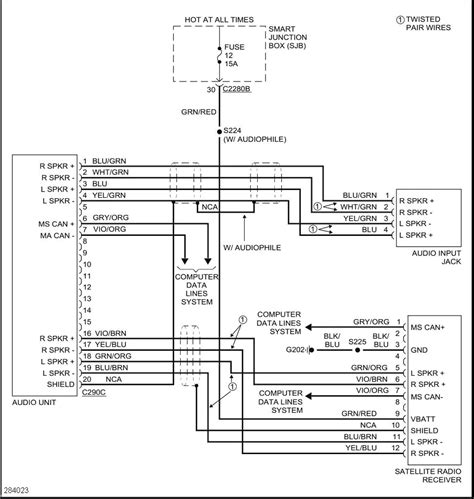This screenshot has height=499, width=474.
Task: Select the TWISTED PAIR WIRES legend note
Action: pyautogui.click(x=432, y=26)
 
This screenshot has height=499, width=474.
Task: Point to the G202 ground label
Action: pyautogui.click(x=293, y=350)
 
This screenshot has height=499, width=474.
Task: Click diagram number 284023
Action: pyautogui.click(x=18, y=489)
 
